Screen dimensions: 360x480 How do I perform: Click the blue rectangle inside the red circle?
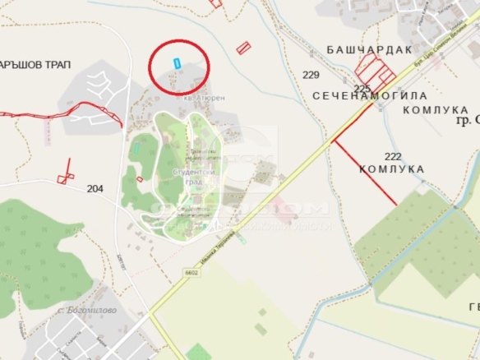[176, 63]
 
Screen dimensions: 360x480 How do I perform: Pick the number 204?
[95, 189]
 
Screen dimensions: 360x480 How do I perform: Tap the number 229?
[311, 75]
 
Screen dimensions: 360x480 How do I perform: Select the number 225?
[362, 88]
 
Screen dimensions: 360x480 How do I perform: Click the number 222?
[393, 155]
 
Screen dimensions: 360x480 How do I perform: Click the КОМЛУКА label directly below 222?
[392, 169]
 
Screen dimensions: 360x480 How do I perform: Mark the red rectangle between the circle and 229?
[243, 48]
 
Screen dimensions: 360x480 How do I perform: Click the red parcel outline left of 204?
[63, 178]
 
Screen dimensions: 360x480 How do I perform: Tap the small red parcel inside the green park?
[140, 178]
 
